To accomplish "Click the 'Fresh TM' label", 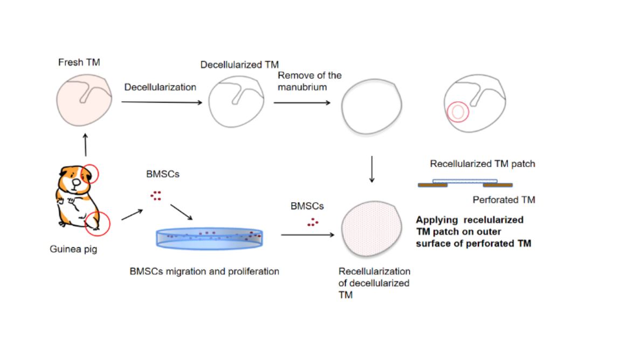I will [79, 63].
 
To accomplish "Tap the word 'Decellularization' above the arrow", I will [160, 87].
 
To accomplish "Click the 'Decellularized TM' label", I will [239, 65].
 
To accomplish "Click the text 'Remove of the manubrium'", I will [309, 81].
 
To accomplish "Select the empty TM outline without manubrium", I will [371, 108].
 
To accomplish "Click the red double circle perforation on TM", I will [457, 112].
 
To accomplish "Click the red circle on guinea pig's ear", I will [90, 174].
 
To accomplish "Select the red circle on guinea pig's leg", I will [98, 223].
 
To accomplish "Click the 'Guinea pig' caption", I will [73, 250].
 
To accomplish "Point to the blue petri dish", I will [210, 237].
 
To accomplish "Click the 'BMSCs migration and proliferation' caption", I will [204, 271].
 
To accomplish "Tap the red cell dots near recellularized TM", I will [313, 221].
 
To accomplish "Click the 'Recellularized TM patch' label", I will [482, 163].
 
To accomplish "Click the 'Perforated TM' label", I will [504, 200].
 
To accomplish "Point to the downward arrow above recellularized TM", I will [371, 170].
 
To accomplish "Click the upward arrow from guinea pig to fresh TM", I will [85, 144].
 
